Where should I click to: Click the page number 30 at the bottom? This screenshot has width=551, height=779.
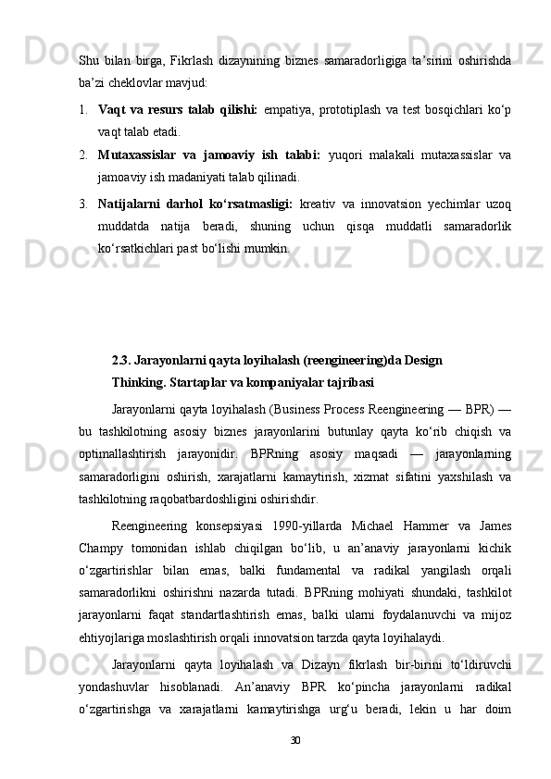click(295, 741)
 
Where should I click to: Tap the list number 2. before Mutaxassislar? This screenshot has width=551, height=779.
click(84, 154)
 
